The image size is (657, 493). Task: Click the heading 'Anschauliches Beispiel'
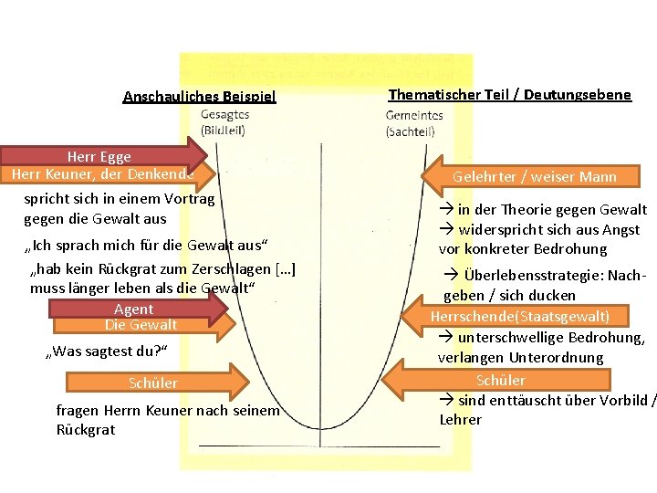199,97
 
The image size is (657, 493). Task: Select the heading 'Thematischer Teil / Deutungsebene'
509,94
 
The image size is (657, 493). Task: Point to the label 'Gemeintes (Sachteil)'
413,122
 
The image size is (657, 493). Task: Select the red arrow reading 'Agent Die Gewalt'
137,317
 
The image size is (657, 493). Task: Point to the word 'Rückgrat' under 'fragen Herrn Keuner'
86,430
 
